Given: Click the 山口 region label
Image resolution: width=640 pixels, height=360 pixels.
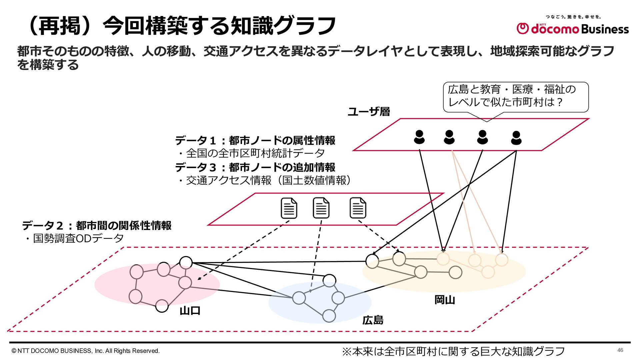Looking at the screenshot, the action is [190, 311].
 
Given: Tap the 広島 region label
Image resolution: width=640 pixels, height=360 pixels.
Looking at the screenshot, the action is [373, 320].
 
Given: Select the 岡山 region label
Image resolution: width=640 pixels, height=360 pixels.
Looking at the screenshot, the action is [445, 300].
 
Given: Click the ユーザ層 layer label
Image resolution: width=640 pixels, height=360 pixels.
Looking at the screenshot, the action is [369, 111].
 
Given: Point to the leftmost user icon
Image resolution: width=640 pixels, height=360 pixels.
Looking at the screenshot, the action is [419, 137].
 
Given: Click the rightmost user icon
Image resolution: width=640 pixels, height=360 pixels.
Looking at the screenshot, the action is [516, 138].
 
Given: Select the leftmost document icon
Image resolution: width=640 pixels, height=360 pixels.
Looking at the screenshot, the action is [289, 208].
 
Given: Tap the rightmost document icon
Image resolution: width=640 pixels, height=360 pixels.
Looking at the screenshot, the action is [358, 208].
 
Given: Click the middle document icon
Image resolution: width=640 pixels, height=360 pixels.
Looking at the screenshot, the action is [321, 208].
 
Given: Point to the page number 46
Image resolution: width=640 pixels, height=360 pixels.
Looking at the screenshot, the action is [620, 350].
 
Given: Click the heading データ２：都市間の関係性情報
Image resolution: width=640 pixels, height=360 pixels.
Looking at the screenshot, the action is [97, 226].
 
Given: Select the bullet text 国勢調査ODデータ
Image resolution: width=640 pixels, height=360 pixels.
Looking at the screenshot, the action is [78, 238].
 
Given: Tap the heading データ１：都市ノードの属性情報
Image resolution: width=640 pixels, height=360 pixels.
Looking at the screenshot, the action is [255, 140].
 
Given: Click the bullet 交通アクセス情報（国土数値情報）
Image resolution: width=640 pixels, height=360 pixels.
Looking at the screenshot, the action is [268, 180].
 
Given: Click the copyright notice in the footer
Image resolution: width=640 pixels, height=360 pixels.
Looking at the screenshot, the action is [86, 351].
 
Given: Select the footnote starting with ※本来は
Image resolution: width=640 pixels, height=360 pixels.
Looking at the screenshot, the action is [453, 351].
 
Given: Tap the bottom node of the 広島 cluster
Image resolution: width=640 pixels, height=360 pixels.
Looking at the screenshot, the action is [329, 316].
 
